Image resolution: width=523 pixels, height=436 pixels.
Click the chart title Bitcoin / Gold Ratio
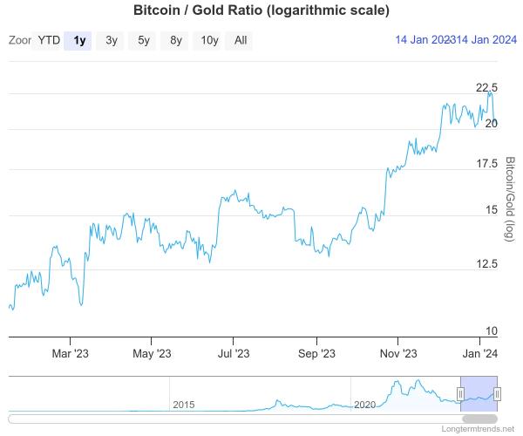[x=261, y=11]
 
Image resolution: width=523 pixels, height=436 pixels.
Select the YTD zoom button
[x=49, y=40]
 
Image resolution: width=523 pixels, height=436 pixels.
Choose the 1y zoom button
[x=80, y=40]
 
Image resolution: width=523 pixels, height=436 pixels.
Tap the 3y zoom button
[x=112, y=40]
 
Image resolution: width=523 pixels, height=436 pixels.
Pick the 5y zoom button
[x=144, y=40]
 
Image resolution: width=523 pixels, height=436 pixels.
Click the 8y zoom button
[x=176, y=40]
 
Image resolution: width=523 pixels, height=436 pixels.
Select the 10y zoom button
[x=209, y=40]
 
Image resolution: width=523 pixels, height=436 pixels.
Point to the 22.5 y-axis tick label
[x=486, y=87]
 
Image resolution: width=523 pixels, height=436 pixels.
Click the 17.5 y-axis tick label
[x=486, y=164]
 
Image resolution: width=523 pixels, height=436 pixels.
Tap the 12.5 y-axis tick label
[x=486, y=263]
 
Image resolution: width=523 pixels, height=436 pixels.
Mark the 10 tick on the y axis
[x=491, y=330]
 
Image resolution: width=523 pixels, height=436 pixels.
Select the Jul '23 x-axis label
[x=233, y=353]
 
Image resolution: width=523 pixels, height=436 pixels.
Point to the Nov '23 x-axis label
[x=398, y=353]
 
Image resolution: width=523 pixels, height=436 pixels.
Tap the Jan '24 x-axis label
[x=479, y=353]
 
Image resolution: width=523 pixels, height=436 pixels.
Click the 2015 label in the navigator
[x=184, y=405]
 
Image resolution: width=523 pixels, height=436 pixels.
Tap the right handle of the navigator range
[x=497, y=394]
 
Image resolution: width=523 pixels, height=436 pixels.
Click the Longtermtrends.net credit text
[x=479, y=430]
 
